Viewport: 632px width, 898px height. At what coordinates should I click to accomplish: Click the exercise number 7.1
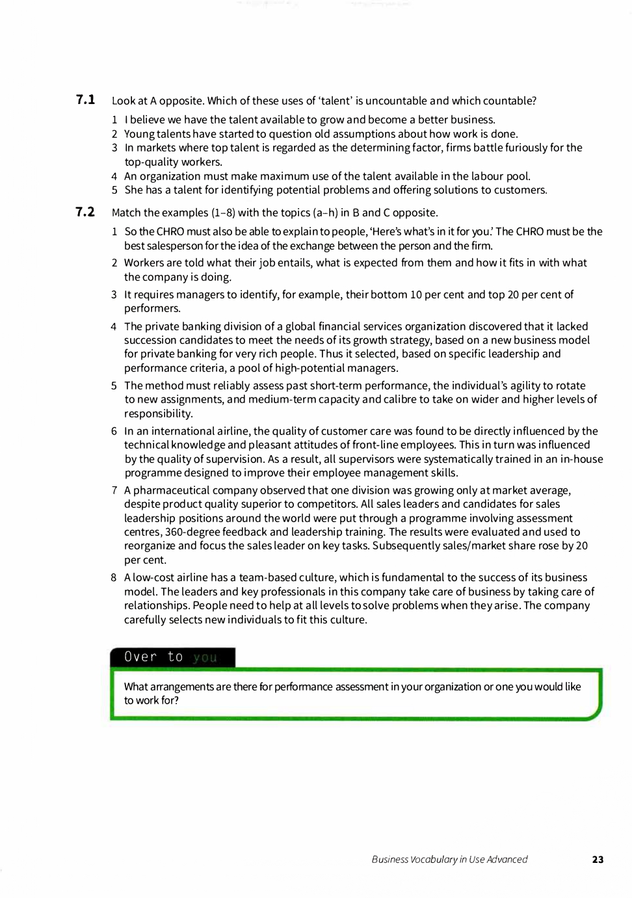85,99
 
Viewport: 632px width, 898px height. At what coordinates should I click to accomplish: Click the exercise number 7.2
85,212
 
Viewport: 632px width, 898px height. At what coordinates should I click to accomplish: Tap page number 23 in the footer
598,859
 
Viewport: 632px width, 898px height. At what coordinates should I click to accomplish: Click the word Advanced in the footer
506,859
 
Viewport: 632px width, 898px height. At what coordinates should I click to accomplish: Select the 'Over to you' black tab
172,657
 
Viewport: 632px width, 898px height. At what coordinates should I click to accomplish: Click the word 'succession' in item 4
150,340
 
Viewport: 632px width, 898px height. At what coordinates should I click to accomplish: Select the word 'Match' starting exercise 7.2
126,213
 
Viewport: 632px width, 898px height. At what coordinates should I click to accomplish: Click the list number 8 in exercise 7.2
114,577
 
